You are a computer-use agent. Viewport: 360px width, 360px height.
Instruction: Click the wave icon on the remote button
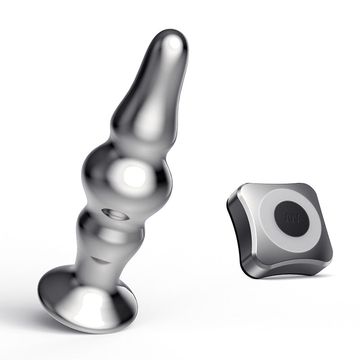click(291, 220)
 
